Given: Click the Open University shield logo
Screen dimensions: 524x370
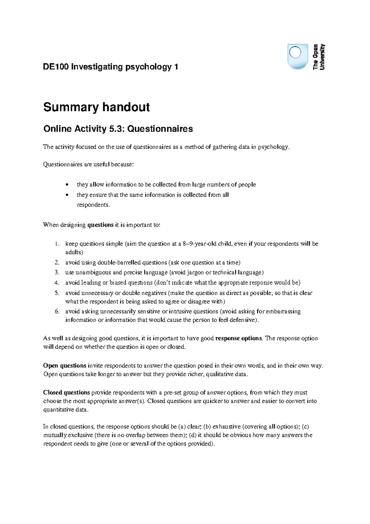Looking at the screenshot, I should pos(298,56).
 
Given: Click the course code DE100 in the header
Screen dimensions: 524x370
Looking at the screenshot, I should pos(56,67).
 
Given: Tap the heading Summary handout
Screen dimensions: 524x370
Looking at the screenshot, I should pos(97,107).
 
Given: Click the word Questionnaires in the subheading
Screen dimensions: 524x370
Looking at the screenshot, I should pos(160,129).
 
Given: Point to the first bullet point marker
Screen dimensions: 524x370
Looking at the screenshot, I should pos(67,185).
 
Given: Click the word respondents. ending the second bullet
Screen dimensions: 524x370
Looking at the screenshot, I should pos(93,205).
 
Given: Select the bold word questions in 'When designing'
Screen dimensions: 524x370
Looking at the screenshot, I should pos(101,225).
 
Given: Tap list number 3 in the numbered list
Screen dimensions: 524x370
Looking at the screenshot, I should pos(57,272).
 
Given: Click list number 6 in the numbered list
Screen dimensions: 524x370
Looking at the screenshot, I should pos(57,311).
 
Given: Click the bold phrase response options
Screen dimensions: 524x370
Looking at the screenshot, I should pos(239,338).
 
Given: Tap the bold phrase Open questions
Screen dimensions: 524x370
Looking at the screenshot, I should pos(65,366).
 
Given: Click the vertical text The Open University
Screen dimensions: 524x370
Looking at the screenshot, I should pos(319,57).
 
